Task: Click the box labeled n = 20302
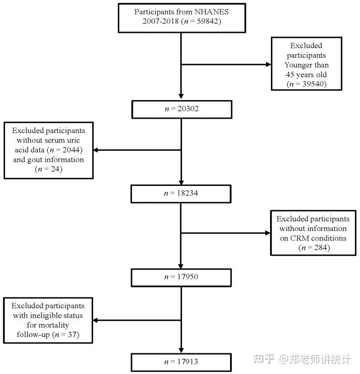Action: coord(181,109)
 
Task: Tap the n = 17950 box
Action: coord(181,277)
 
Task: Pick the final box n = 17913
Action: coord(181,361)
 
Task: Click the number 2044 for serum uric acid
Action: coord(81,150)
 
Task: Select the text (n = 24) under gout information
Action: coord(48,169)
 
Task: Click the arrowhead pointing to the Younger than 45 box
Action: coord(267,65)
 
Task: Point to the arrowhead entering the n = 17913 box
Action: coord(181,350)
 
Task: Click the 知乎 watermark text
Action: coord(263,359)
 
